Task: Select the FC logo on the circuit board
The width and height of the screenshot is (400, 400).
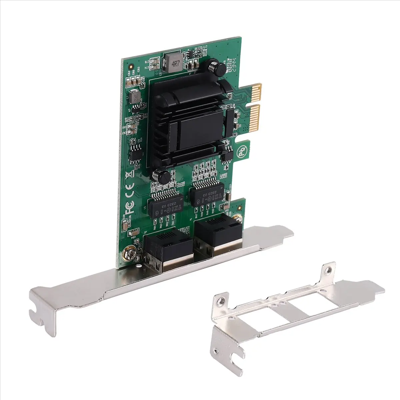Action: tap(130, 208)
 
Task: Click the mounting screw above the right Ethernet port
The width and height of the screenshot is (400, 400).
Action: tap(238, 219)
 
